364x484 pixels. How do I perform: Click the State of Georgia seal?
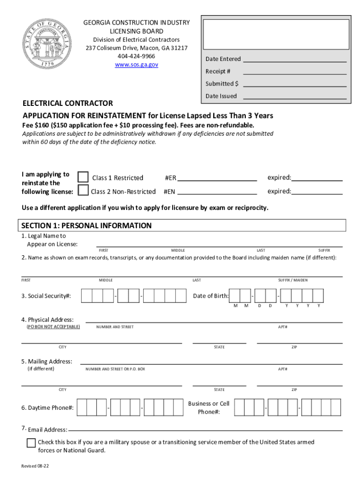click(46, 45)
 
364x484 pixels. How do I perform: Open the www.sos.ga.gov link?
click(136, 64)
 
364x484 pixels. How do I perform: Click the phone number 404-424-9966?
click(136, 56)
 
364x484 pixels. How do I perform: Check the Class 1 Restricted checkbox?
click(83, 177)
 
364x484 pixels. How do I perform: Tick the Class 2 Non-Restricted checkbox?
click(83, 190)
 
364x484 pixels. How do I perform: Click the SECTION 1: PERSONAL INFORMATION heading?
click(86, 225)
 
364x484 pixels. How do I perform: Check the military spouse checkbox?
click(31, 443)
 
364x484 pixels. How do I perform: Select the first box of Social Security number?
click(87, 296)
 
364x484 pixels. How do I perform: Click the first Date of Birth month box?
click(235, 296)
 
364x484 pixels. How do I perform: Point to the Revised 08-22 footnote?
click(35, 466)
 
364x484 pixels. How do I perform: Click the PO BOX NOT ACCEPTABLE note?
click(53, 327)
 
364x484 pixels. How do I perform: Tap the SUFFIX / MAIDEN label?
click(293, 280)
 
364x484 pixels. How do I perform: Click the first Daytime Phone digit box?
click(82, 407)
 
